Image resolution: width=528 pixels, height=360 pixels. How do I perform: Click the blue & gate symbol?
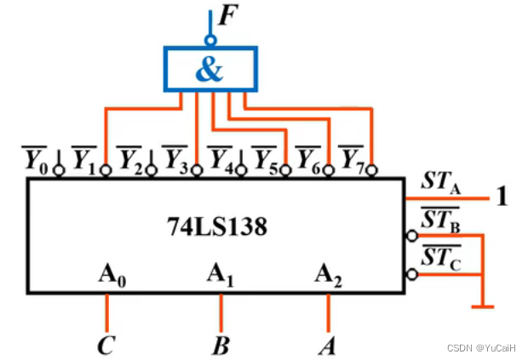[x=209, y=68]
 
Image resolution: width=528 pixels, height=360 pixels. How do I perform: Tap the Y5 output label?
[x=265, y=158]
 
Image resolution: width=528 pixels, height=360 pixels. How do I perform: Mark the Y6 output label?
[x=309, y=158]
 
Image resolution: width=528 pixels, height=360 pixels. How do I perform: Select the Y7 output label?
[x=353, y=158]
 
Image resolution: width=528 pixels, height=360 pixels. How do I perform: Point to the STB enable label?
[x=439, y=220]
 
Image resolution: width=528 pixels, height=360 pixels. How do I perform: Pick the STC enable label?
[x=439, y=258]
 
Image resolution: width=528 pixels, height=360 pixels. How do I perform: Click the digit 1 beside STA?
[x=503, y=197]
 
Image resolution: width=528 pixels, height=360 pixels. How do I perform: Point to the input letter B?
[x=221, y=345]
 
